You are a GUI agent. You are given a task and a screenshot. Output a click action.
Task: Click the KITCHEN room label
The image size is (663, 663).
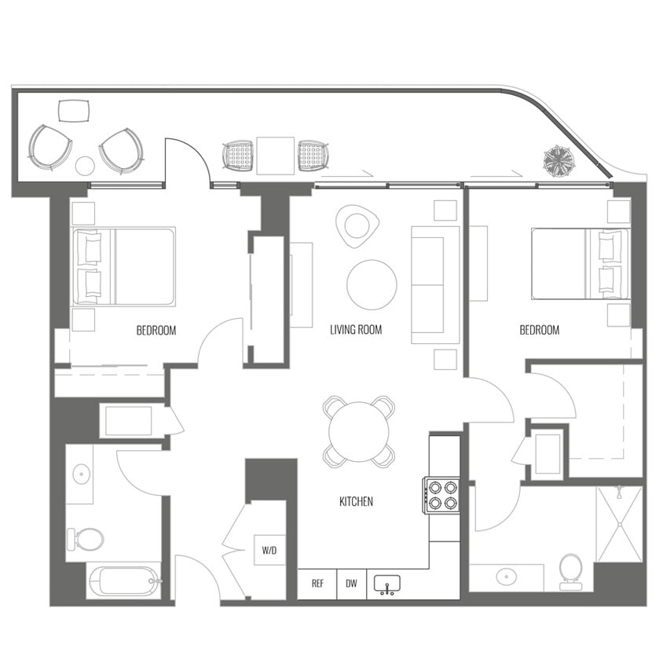coord(356,501)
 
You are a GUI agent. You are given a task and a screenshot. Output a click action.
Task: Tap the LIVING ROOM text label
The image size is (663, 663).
coord(356,330)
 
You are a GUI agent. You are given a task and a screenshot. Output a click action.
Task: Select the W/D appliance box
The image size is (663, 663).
coord(269,551)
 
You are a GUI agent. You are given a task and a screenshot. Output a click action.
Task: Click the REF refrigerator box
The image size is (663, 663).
coord(317,584)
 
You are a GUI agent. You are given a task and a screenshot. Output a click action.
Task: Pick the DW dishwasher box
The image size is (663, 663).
coord(351,584)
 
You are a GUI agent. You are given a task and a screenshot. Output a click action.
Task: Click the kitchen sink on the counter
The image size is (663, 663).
coord(387,584)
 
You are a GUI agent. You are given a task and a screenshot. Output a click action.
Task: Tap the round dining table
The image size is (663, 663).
coord(359,431)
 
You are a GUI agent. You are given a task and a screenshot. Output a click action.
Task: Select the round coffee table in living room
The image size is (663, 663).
coord(372,284)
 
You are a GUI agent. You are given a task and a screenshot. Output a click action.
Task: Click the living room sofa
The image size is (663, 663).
coord(435,284)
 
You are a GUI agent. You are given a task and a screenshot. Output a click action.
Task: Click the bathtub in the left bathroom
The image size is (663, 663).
coord(125,582)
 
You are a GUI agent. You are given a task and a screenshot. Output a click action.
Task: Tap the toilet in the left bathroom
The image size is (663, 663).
coord(86,540)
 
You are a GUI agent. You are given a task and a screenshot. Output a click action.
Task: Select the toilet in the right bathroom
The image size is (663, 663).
coord(571,570)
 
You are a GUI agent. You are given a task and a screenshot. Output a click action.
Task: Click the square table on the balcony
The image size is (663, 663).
coord(276,154)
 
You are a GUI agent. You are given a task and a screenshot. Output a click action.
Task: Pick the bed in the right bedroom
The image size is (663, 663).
coord(580,263)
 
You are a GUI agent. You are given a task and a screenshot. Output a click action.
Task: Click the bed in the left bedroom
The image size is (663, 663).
coord(123,266)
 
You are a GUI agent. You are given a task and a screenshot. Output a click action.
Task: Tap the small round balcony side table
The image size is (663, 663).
coord(85,166)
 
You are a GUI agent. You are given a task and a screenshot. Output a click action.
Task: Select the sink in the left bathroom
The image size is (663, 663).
coord(80,474)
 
